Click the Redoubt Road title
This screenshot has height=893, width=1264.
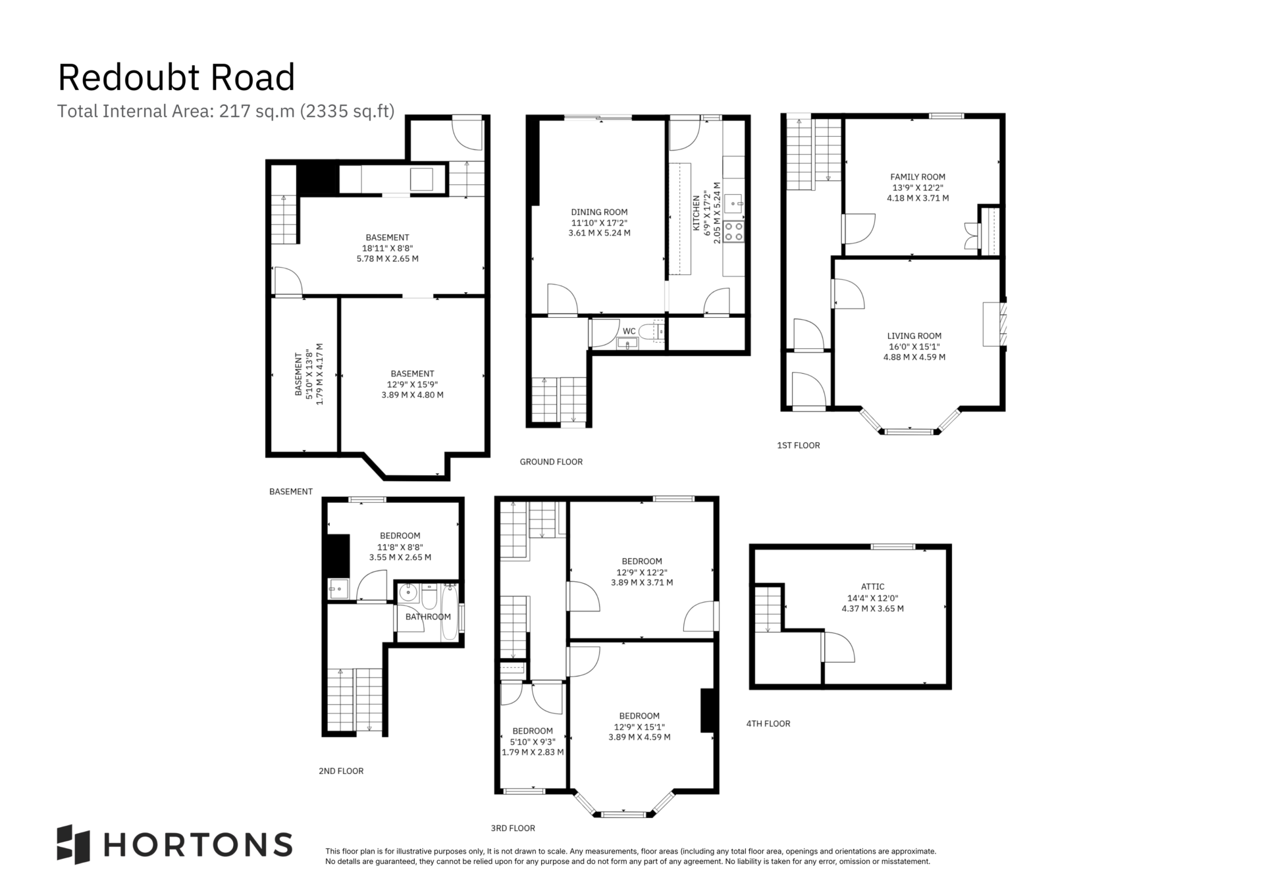(176, 78)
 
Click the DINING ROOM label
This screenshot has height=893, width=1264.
(599, 212)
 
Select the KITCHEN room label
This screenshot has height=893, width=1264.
(696, 213)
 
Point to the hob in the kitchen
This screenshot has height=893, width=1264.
(733, 231)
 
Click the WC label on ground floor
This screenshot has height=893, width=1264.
(629, 331)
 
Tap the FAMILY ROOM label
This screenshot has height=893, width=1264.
(918, 176)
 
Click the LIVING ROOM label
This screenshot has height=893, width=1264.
(914, 336)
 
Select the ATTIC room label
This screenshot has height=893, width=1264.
(873, 586)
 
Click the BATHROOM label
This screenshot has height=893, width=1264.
(428, 617)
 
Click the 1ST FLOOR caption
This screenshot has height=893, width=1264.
(799, 446)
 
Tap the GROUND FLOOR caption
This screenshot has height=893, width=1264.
(551, 462)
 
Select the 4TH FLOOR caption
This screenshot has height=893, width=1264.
(768, 724)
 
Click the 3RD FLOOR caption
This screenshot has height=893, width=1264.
(513, 829)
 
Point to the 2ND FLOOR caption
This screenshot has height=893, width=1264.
(341, 771)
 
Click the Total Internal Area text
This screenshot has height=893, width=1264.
(226, 111)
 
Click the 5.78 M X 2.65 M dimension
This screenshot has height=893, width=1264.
(387, 259)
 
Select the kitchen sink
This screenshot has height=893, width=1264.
(733, 205)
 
